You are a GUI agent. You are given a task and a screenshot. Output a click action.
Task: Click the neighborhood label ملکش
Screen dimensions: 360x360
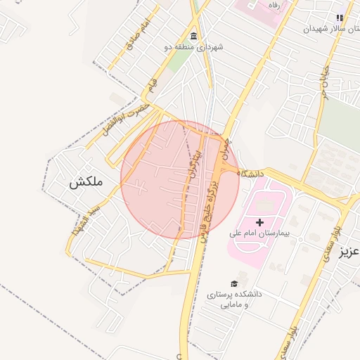(x=86, y=181)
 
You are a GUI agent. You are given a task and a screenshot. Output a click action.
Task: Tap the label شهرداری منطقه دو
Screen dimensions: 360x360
(x=193, y=47)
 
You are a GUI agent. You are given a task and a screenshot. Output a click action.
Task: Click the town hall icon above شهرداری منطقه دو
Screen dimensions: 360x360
(x=193, y=36)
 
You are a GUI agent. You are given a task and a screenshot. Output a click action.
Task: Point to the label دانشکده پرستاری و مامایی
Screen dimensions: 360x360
(x=233, y=300)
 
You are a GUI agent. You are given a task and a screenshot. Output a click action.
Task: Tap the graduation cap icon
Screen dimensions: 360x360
(x=234, y=284)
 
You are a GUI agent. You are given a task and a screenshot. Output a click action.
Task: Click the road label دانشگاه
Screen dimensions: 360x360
(x=250, y=172)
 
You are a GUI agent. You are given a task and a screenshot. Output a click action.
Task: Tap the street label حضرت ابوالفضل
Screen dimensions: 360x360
(x=127, y=119)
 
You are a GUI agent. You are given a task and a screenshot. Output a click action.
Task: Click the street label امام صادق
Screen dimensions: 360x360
(x=139, y=36)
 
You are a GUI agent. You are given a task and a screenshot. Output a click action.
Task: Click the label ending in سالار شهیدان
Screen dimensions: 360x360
(x=326, y=29)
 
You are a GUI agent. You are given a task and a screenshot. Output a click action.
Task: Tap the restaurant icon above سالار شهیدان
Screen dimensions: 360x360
(x=340, y=18)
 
